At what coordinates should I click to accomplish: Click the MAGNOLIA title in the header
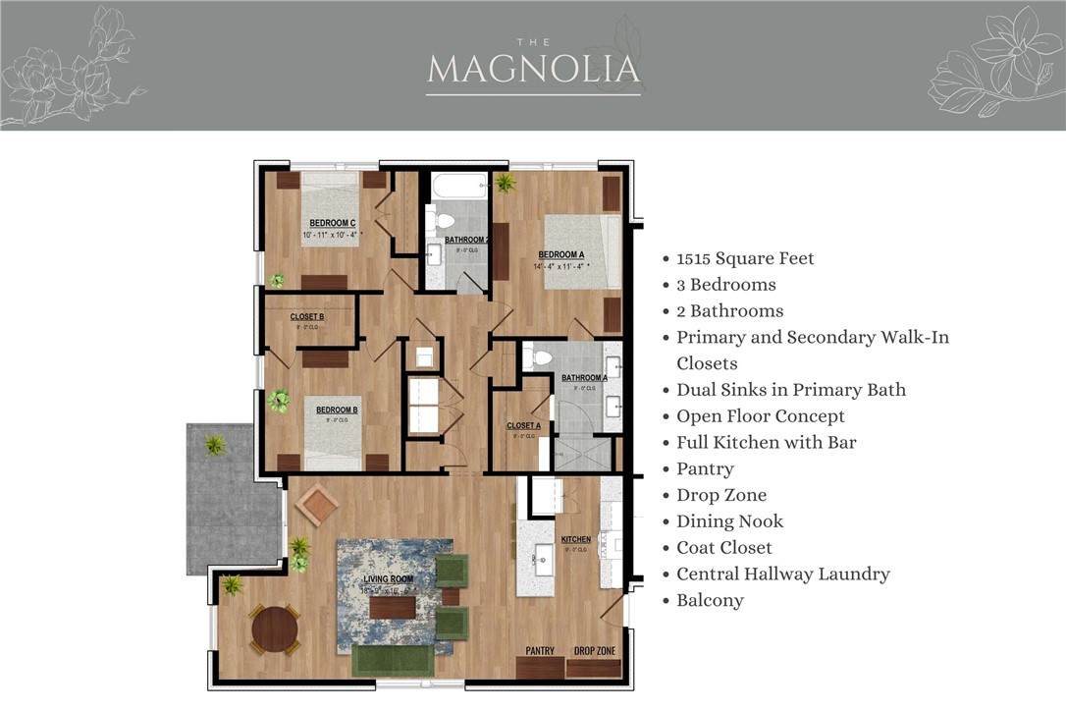pos(533,69)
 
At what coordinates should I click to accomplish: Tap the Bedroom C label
pos(332,223)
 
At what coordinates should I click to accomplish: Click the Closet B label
pos(306,317)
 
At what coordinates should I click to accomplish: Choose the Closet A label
pos(523,426)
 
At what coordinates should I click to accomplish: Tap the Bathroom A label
pos(584,377)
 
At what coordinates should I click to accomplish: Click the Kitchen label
pos(575,540)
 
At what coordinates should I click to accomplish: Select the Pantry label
pos(540,651)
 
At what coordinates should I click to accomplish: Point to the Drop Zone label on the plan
pos(594,651)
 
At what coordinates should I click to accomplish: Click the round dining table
pos(275,629)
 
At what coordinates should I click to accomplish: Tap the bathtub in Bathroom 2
pos(457,186)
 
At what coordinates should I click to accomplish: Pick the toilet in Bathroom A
pos(538,357)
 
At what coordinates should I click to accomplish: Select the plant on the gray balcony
pos(215,445)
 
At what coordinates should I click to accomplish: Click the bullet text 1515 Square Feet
pos(745,258)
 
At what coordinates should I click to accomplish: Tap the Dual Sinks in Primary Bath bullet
pos(790,390)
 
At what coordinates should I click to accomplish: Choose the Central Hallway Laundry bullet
pos(782,574)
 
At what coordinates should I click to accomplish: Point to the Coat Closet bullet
pos(723,547)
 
